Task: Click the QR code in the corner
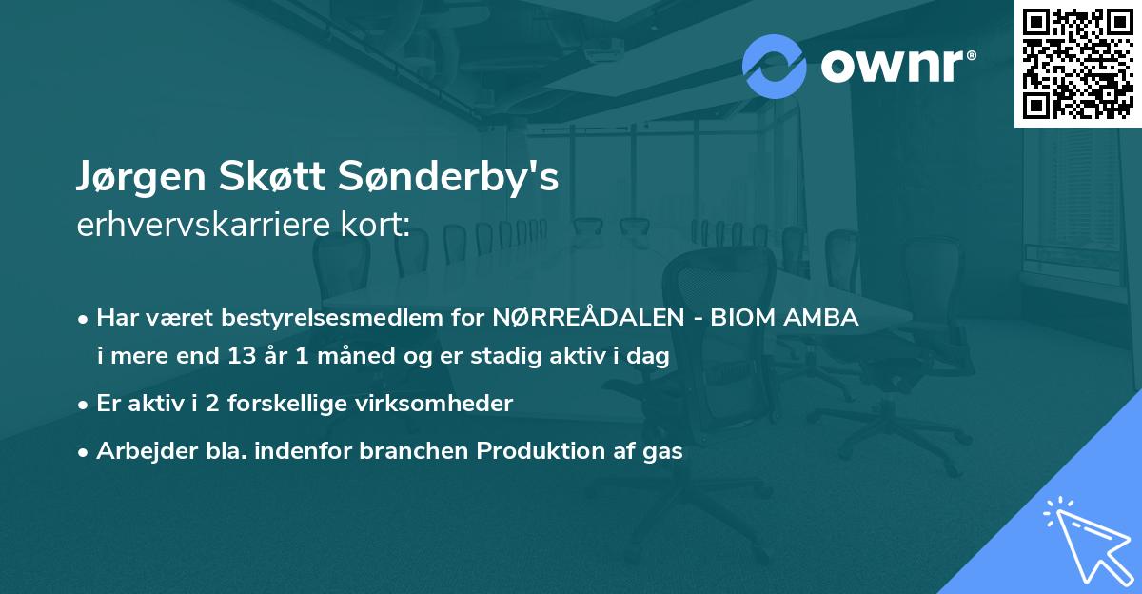pyautogui.click(x=1078, y=64)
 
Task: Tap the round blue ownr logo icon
pyautogui.click(x=775, y=66)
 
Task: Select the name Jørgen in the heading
pyautogui.click(x=134, y=178)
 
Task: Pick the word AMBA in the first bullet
pyautogui.click(x=824, y=318)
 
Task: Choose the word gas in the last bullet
pyautogui.click(x=662, y=451)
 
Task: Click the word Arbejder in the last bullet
pyautogui.click(x=136, y=451)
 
